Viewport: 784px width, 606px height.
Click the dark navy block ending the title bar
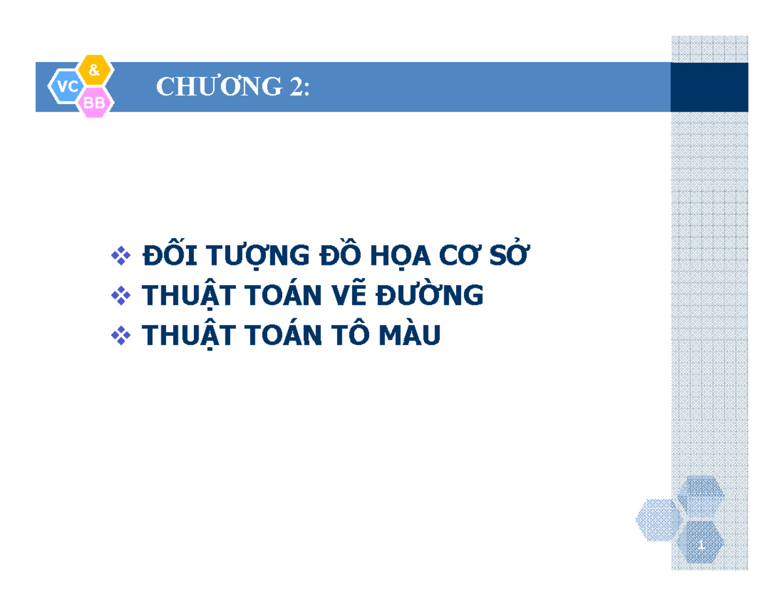pos(709,87)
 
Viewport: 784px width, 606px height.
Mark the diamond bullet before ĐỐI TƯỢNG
pos(121,256)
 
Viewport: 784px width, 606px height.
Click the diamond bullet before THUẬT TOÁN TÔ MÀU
pos(121,336)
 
